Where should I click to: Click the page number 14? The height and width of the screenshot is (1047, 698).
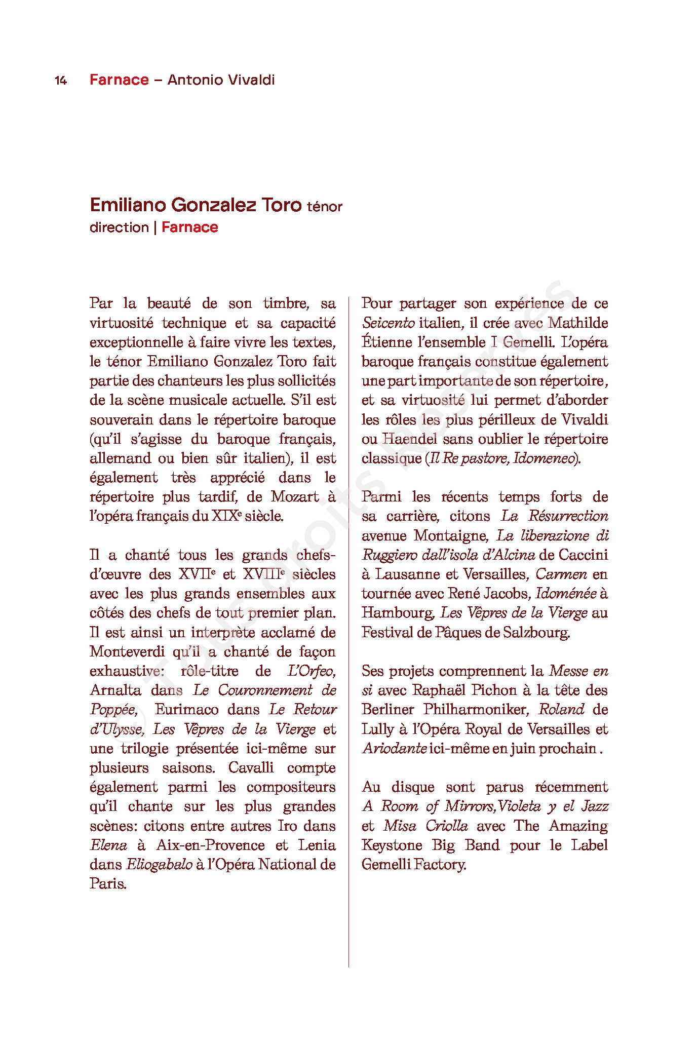click(61, 81)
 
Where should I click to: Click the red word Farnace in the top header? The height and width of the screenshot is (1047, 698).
click(119, 80)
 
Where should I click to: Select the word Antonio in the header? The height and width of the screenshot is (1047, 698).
click(195, 80)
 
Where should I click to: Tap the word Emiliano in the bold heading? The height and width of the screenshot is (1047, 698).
click(128, 205)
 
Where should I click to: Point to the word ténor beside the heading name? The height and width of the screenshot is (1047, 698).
click(324, 207)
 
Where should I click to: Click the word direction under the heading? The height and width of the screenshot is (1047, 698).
click(119, 227)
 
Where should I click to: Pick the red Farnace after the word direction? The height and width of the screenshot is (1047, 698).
click(189, 227)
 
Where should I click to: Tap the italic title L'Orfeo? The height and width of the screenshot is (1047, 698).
click(311, 671)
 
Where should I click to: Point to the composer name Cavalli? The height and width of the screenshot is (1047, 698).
click(251, 768)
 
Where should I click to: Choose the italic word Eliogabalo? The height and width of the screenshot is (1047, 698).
click(159, 865)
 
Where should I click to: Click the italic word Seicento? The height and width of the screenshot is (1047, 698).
click(388, 323)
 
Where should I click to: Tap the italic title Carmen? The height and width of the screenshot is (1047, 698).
click(561, 574)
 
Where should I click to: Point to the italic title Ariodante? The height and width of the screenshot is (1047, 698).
click(394, 749)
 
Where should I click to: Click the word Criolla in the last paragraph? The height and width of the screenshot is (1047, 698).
click(446, 826)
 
